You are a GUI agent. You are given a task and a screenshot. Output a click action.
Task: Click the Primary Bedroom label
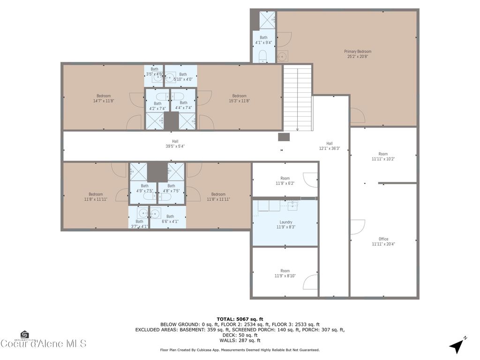pyautogui.click(x=358, y=54)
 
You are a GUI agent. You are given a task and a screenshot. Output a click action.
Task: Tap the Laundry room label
pyautogui.click(x=286, y=225)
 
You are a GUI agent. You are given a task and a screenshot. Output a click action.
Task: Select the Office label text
pyautogui.click(x=383, y=241)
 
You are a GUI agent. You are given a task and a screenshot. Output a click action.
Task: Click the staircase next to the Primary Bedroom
pyautogui.click(x=298, y=97)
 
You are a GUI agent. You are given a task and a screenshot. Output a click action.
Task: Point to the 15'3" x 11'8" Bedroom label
pyautogui.click(x=239, y=98)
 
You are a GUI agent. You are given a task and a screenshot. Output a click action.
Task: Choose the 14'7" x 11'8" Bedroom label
pyautogui.click(x=104, y=98)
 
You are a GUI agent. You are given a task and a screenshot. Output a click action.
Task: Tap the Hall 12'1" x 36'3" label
pyautogui.click(x=330, y=146)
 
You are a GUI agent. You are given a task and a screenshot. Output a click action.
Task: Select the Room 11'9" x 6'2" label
pyautogui.click(x=285, y=181)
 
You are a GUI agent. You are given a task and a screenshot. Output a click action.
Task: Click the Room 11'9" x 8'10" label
pyautogui.click(x=285, y=273)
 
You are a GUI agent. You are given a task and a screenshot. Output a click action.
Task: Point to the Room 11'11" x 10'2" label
pyautogui.click(x=383, y=157)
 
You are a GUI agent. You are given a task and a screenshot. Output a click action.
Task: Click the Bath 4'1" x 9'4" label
pyautogui.click(x=263, y=40)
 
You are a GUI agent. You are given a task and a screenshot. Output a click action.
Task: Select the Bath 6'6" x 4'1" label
pyautogui.click(x=170, y=219)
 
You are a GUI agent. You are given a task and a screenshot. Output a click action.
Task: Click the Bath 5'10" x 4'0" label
pyautogui.click(x=183, y=76)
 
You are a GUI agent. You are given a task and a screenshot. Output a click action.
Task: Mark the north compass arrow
pyautogui.click(x=457, y=346)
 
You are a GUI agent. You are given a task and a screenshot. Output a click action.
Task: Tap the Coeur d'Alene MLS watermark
pyautogui.click(x=43, y=343)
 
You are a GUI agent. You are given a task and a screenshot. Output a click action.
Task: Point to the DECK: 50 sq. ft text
pyautogui.click(x=240, y=335)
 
